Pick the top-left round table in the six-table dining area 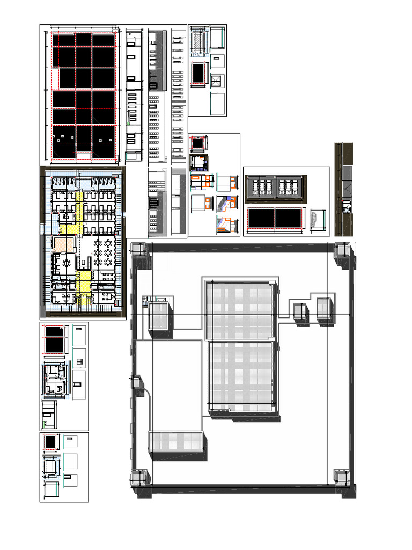[98, 243]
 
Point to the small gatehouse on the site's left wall [137, 383]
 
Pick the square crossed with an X [217, 82]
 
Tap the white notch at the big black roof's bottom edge [83, 156]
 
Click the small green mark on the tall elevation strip [127, 124]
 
